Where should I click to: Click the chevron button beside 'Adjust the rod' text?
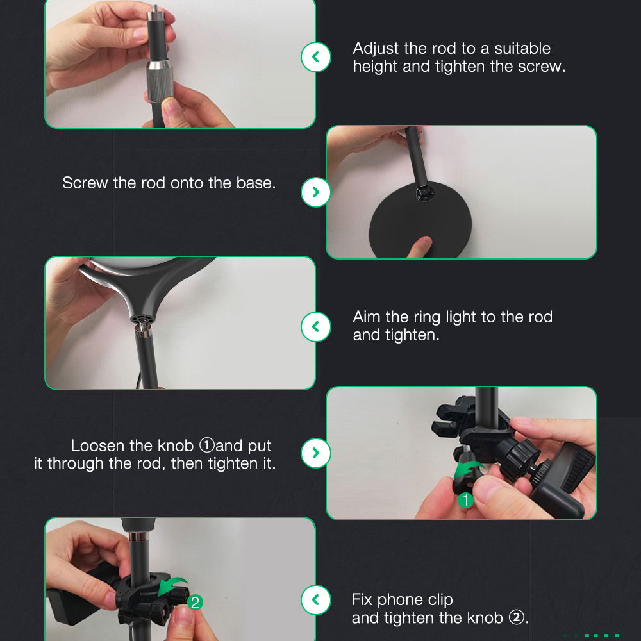[x=315, y=57]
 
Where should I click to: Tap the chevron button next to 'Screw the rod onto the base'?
[x=315, y=192]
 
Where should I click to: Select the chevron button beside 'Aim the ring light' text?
[x=315, y=327]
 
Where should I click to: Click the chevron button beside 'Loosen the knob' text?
[x=315, y=453]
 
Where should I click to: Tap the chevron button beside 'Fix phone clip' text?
[x=315, y=600]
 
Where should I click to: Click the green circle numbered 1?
[x=465, y=500]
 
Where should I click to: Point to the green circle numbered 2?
[x=195, y=602]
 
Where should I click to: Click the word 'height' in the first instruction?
[x=376, y=66]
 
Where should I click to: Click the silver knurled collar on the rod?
[x=160, y=81]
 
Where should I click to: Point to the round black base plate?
[x=420, y=221]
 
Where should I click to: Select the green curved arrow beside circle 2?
[x=172, y=586]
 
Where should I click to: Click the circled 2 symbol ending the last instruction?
[x=516, y=618]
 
